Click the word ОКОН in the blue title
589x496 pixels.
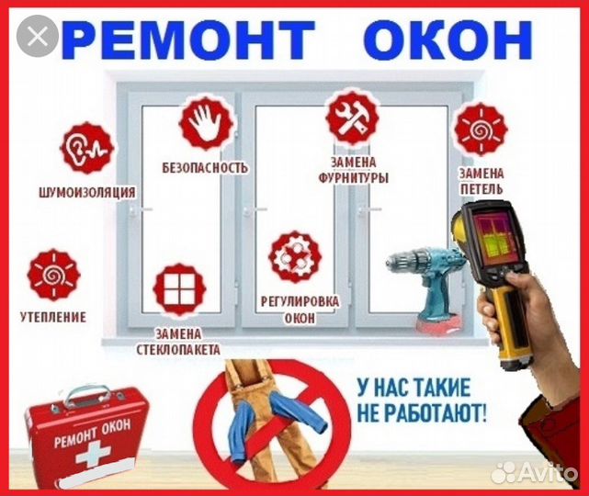click(x=447, y=39)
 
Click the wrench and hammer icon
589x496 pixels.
click(x=351, y=119)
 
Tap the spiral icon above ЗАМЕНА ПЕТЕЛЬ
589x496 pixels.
click(x=481, y=130)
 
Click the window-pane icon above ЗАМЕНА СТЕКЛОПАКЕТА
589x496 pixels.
click(x=178, y=288)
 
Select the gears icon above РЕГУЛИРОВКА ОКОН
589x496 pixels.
click(x=294, y=256)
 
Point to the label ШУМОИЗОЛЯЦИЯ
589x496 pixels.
click(x=88, y=192)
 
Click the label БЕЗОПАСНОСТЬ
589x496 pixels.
click(x=205, y=168)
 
